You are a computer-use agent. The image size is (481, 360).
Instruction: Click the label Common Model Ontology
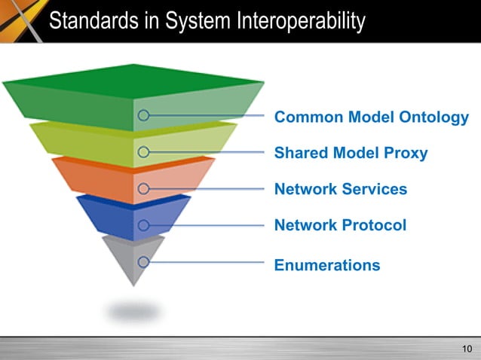point(371,117)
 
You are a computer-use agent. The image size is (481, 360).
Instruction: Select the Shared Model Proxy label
point(351,154)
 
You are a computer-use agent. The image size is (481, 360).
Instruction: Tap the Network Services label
point(341,189)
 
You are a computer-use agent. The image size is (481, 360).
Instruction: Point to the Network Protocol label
point(340,225)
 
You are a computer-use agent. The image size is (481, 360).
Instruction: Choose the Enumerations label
point(327,265)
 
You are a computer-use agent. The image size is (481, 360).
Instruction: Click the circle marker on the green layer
point(143,116)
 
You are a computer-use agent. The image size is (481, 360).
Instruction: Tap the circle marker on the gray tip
point(143,262)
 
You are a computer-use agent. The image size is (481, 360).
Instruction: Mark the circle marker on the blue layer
point(143,225)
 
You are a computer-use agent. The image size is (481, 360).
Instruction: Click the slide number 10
point(465,348)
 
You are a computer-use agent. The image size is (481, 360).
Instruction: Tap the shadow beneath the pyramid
point(133,310)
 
